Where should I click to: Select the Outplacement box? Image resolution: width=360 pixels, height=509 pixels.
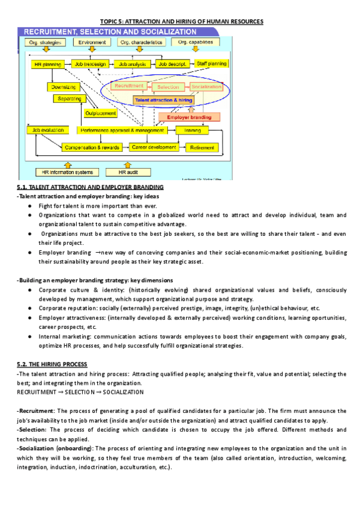[100, 112]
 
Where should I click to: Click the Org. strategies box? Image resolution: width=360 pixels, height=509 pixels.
[44, 43]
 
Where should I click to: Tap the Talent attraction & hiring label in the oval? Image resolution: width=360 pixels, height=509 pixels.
[164, 100]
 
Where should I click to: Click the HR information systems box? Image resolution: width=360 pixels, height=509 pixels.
[66, 172]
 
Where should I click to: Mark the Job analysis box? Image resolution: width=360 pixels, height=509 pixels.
[132, 63]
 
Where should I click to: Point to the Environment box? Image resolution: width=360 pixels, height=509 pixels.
[92, 43]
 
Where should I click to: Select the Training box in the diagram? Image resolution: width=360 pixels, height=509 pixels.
[193, 130]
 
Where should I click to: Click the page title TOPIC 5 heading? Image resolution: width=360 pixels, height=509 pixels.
[180, 22]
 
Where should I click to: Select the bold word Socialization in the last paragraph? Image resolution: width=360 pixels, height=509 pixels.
[37, 448]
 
